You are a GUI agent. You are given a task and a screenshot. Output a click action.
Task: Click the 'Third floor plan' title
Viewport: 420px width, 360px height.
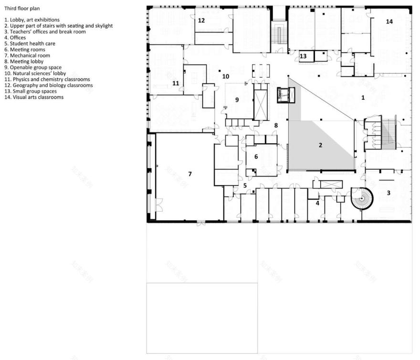22,8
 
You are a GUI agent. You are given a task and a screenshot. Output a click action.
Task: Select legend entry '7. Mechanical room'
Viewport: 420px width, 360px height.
27,55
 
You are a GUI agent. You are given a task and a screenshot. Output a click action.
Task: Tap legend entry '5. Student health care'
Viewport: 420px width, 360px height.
30,43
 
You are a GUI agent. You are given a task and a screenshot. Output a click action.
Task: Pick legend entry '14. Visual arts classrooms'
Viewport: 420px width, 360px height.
34,97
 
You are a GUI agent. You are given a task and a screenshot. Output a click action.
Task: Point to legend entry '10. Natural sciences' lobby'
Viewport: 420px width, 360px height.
35,74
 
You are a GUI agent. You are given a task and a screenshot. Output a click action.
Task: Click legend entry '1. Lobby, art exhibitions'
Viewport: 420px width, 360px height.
32,20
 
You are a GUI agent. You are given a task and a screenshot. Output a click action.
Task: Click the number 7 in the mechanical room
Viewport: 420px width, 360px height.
190,174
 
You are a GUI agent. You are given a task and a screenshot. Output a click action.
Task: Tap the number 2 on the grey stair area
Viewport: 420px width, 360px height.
320,145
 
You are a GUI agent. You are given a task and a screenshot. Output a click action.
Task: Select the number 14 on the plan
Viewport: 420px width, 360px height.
389,21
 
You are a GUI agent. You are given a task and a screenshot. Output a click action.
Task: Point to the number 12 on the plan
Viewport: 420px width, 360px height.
201,21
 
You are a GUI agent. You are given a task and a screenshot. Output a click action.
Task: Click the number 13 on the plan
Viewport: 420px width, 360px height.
303,56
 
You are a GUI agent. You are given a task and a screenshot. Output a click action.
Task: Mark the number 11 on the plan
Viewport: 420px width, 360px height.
176,84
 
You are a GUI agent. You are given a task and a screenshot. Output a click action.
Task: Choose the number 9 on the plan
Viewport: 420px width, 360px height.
237,100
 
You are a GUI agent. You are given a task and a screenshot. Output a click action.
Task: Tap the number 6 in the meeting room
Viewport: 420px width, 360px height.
256,157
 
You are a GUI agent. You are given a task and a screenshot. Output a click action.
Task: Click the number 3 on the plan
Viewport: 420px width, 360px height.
388,193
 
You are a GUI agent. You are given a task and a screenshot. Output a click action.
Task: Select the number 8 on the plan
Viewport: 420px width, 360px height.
276,125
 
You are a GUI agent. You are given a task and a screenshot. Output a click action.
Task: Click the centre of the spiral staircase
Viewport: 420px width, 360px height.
362,199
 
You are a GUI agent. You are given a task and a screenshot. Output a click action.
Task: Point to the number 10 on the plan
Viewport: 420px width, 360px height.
226,76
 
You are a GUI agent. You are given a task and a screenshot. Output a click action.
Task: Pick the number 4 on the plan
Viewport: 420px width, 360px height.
317,203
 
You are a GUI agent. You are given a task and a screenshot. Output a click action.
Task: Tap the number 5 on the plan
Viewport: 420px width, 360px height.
245,186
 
